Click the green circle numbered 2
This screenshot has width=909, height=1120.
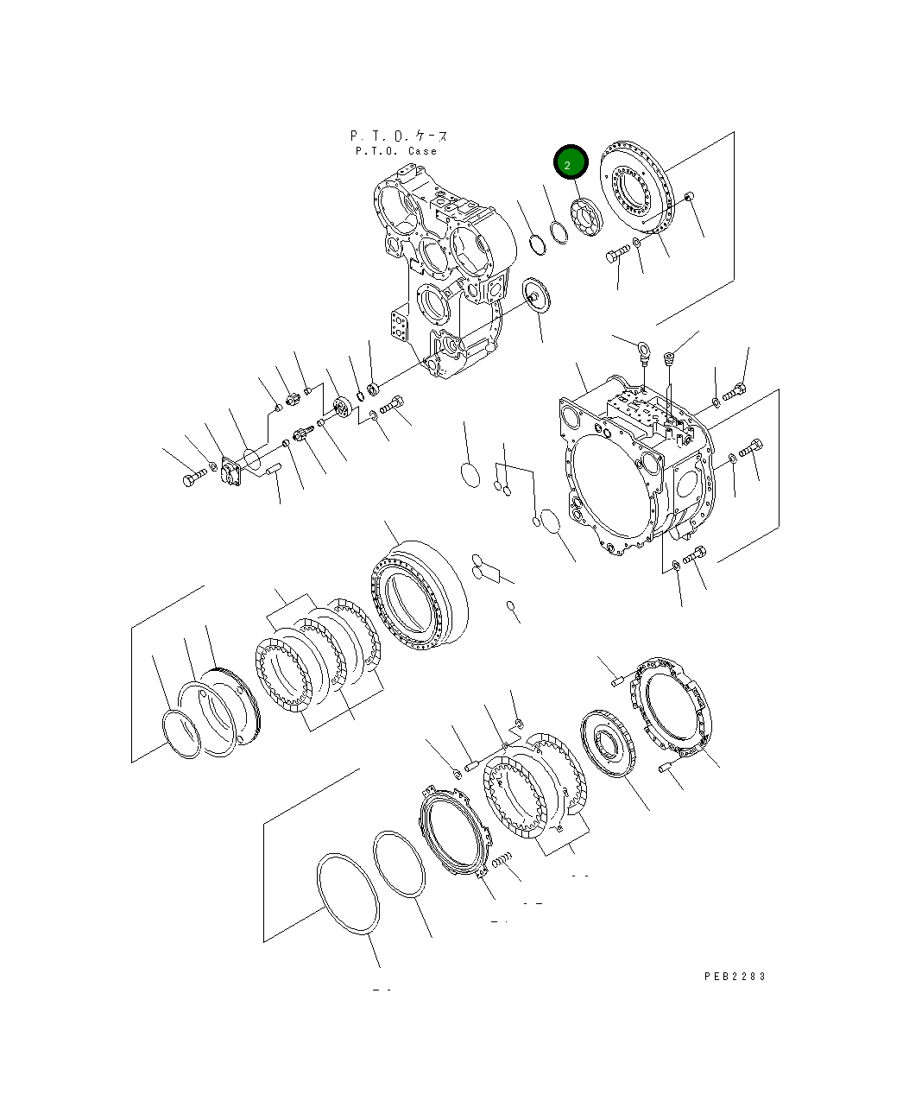pos(570,162)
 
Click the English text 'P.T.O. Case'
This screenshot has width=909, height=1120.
pos(396,151)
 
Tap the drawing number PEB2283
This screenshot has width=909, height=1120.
pos(735,976)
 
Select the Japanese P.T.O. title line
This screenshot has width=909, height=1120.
pos(399,136)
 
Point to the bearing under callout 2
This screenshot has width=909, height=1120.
pos(585,216)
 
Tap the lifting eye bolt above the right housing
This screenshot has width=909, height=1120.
pos(642,351)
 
